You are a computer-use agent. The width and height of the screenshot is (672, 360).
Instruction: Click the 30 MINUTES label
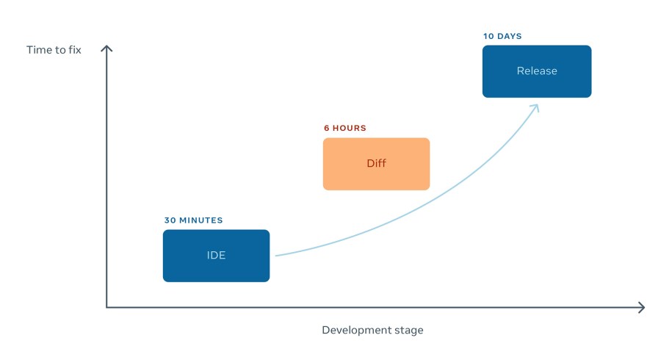coord(193,220)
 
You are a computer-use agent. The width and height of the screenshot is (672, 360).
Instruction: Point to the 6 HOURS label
coord(344,129)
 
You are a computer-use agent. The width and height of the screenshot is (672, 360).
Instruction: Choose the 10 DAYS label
coord(502,36)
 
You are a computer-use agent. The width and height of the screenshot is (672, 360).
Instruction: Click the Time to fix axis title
coord(54,50)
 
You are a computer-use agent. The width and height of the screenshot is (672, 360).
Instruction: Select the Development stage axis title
coord(372,330)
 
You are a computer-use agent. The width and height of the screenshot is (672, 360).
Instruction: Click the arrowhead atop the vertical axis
coord(106,48)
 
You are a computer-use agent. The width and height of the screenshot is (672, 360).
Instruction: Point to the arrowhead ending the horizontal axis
coord(642,307)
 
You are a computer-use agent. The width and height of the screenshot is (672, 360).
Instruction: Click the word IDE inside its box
coord(216,256)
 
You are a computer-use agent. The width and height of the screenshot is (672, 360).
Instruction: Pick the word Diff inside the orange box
coord(376,163)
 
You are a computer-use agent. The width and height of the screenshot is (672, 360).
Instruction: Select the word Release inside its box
coord(537,71)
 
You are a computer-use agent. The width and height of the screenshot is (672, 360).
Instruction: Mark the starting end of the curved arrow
coord(276,255)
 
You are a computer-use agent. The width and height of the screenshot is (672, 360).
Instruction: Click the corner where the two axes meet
coord(107,307)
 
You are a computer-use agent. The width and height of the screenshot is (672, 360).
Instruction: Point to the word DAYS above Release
coord(510,36)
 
